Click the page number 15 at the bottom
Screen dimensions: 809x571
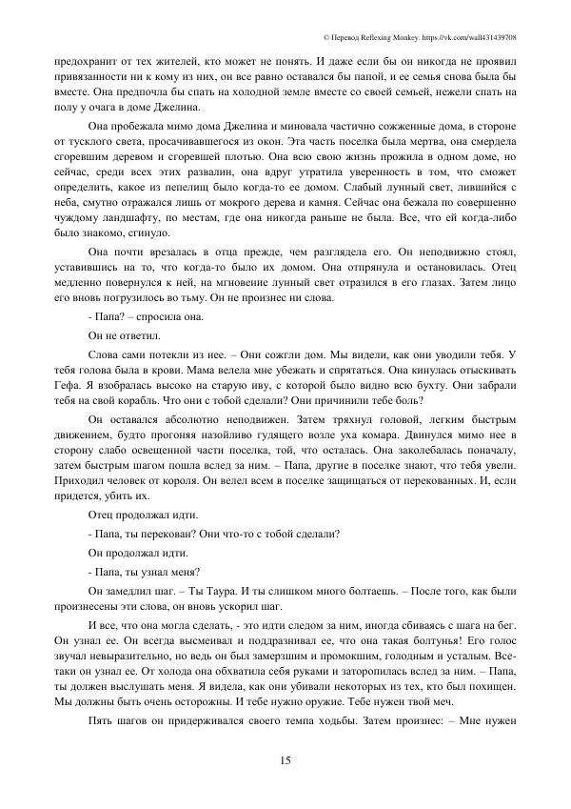click(285, 758)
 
